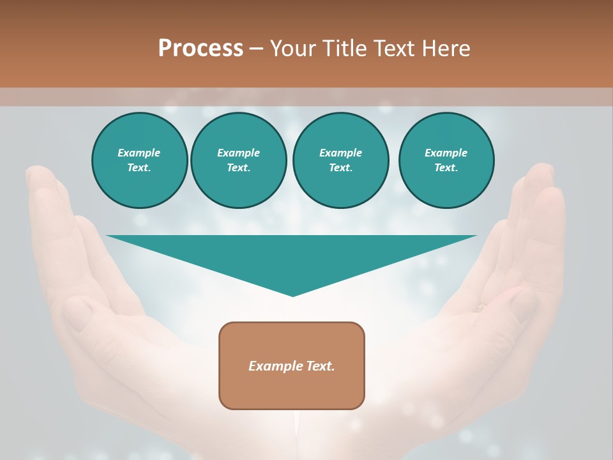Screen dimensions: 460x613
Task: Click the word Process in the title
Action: pos(201,49)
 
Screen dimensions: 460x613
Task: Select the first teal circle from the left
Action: pos(139,160)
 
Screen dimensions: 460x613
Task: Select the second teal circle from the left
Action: pos(238,160)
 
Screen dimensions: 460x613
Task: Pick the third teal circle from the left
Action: pos(340,160)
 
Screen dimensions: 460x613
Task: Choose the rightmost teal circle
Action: pos(446,160)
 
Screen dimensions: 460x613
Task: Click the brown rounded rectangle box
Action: pos(292,365)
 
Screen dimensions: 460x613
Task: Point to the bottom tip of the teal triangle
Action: pos(292,295)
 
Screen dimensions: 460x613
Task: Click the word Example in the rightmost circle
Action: pos(446,153)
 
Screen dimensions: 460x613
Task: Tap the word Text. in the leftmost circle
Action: pos(139,168)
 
